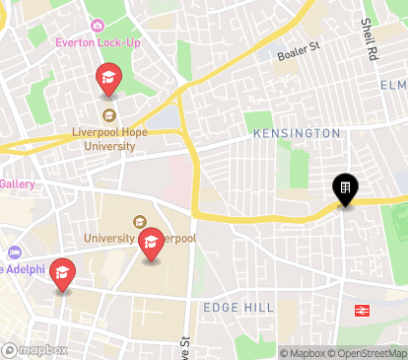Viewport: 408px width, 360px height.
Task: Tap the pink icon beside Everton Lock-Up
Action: pyautogui.click(x=97, y=26)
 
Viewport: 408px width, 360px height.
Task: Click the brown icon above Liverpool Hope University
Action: pyautogui.click(x=109, y=115)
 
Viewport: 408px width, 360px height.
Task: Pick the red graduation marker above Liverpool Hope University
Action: pyautogui.click(x=108, y=78)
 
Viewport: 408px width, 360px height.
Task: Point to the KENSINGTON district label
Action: pyautogui.click(x=296, y=133)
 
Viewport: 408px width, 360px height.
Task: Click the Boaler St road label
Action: pyautogui.click(x=299, y=46)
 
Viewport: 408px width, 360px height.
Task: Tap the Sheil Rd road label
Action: pyautogui.click(x=369, y=38)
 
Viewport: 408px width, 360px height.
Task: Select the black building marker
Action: pyautogui.click(x=345, y=188)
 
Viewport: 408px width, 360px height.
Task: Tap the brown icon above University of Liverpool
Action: pyautogui.click(x=139, y=222)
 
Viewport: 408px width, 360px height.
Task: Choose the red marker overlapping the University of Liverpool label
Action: pyautogui.click(x=151, y=243)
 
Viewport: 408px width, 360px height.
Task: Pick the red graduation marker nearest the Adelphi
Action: pyautogui.click(x=63, y=273)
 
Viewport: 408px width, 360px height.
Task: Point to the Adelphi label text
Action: pyautogui.click(x=22, y=268)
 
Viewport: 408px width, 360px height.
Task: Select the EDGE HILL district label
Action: pyautogui.click(x=238, y=308)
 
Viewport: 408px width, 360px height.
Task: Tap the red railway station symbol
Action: pyautogui.click(x=363, y=311)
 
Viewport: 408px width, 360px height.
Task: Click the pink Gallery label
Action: pyautogui.click(x=18, y=183)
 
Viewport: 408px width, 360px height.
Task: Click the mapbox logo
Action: pyautogui.click(x=35, y=349)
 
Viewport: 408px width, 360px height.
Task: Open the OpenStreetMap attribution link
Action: pyautogui.click(x=370, y=353)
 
